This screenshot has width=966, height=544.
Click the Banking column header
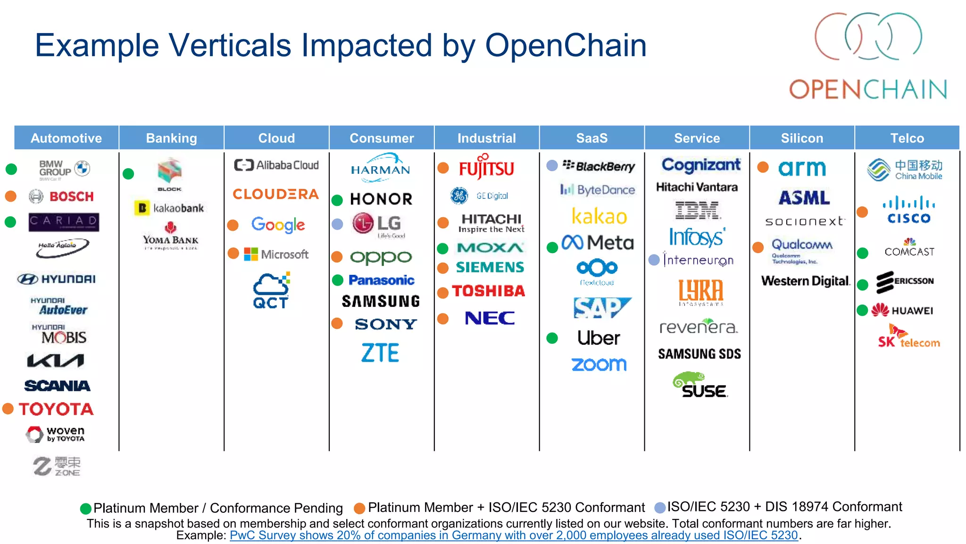pyautogui.click(x=171, y=138)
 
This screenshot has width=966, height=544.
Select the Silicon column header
pyautogui.click(x=802, y=138)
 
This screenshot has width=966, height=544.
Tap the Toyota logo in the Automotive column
pyautogui.click(x=56, y=409)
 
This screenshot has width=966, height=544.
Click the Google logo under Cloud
pyautogui.click(x=278, y=225)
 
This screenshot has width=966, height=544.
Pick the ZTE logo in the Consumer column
pyautogui.click(x=380, y=353)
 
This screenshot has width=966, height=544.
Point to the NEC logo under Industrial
pyautogui.click(x=490, y=318)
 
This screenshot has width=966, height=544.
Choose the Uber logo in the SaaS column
pyautogui.click(x=599, y=338)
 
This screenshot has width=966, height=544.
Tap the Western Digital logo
pyautogui.click(x=806, y=281)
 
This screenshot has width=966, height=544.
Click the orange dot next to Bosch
pyautogui.click(x=10, y=196)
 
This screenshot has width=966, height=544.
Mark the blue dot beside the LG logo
pyautogui.click(x=337, y=224)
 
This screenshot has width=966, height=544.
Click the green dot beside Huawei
pyautogui.click(x=862, y=310)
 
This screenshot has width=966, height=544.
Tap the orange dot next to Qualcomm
pyautogui.click(x=758, y=247)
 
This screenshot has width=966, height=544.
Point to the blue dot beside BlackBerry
pyautogui.click(x=552, y=165)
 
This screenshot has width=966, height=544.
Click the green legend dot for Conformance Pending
pyautogui.click(x=85, y=509)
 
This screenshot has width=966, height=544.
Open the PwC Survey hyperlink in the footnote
pyautogui.click(x=513, y=535)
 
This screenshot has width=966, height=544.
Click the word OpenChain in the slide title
pyautogui.click(x=566, y=46)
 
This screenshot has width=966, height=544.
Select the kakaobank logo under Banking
pyautogui.click(x=169, y=208)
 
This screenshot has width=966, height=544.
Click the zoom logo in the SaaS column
pyautogui.click(x=599, y=364)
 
